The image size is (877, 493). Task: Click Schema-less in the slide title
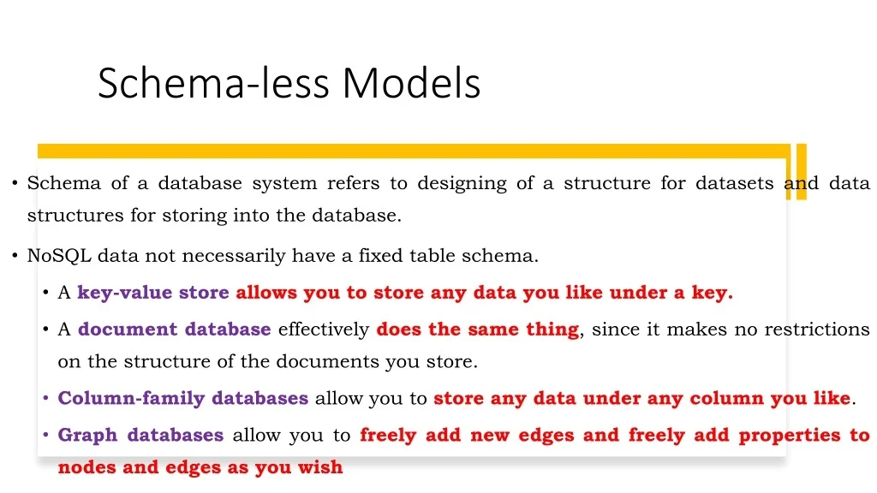click(213, 83)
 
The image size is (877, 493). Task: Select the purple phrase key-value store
click(153, 293)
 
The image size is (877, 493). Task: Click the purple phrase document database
click(175, 330)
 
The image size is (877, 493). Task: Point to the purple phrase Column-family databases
click(182, 398)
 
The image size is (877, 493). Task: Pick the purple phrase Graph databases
click(140, 435)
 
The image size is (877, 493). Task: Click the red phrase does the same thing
click(478, 330)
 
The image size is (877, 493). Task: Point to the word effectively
click(324, 330)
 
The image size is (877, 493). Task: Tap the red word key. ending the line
click(713, 293)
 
